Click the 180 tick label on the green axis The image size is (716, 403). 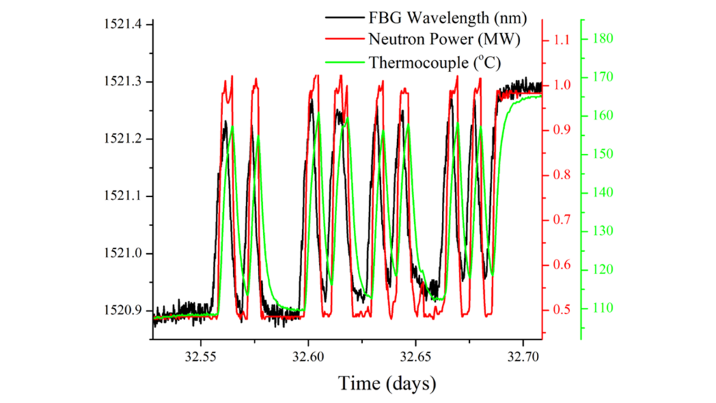tap(603, 38)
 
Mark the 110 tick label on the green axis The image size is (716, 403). tap(603, 308)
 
